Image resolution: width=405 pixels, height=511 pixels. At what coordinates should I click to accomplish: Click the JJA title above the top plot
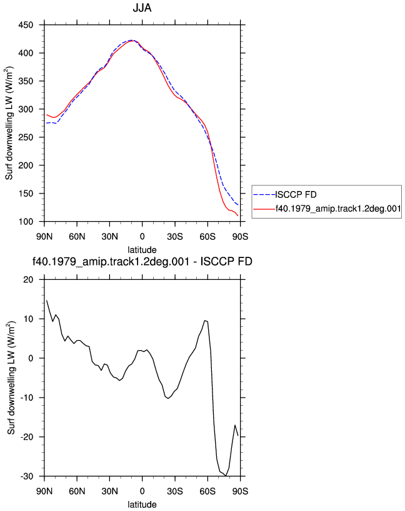[142, 8]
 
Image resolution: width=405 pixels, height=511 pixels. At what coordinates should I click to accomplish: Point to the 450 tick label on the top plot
[26, 25]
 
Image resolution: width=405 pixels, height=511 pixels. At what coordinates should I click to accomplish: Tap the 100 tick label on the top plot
[26, 222]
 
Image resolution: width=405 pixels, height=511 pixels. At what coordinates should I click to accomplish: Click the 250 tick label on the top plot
[26, 137]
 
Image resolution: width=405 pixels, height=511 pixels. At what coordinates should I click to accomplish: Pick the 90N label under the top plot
[44, 237]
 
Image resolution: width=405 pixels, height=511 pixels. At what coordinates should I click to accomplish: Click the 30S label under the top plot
[175, 237]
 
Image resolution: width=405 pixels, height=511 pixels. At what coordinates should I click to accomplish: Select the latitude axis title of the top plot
[142, 250]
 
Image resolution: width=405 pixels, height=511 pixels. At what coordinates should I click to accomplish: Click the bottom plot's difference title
[142, 261]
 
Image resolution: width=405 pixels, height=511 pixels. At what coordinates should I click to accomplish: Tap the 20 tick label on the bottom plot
[28, 280]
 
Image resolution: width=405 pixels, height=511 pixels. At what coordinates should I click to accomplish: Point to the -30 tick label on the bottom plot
[27, 477]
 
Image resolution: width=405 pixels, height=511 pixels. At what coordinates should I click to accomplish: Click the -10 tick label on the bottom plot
[27, 398]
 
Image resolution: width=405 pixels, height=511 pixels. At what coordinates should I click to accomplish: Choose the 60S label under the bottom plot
[207, 491]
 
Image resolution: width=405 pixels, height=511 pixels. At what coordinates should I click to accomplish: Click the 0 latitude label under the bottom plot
[142, 491]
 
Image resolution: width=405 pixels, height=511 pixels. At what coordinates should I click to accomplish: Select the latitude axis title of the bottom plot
[142, 505]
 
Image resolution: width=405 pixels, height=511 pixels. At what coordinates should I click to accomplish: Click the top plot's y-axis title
[9, 123]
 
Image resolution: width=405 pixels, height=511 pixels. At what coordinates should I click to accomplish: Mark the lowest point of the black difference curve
[226, 475]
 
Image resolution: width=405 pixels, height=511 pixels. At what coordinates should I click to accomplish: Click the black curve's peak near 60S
[205, 321]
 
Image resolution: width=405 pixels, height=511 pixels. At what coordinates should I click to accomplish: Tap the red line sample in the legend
[264, 209]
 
